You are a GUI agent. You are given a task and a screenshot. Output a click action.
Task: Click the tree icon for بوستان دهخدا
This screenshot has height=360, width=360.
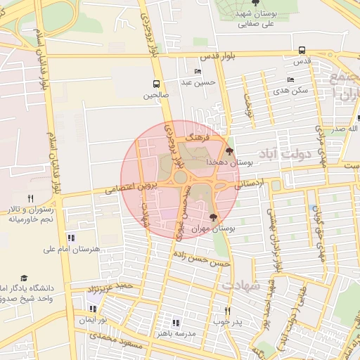229,151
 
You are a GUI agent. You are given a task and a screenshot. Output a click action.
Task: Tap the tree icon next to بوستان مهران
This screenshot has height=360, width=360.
214,218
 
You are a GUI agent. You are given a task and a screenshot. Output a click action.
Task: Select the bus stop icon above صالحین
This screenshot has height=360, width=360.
155,84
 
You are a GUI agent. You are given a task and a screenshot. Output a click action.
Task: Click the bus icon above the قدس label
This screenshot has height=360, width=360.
302,50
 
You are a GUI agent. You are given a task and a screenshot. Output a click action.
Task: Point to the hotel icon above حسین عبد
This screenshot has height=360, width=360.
198,72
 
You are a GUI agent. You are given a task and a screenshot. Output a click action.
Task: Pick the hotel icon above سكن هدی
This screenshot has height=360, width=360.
291,81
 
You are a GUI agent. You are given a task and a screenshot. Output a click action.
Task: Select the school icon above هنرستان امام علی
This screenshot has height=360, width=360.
71,238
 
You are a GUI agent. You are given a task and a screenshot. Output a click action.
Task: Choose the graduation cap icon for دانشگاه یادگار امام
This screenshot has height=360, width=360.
25,278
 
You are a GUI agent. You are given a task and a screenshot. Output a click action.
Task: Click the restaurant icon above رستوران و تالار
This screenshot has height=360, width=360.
30,198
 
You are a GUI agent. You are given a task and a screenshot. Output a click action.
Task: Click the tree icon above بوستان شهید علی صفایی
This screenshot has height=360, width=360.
255,4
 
